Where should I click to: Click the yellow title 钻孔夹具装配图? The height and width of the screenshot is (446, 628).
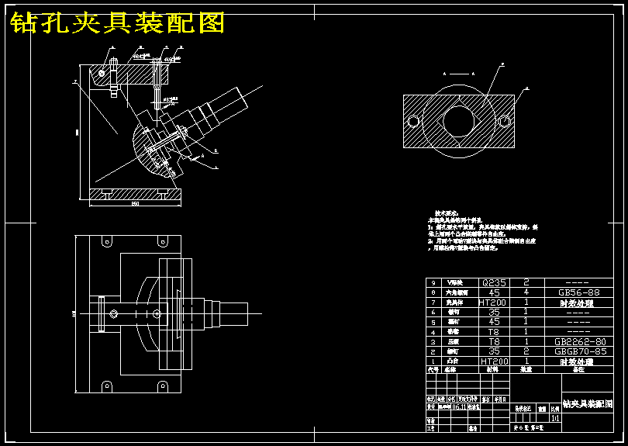pos(117,23)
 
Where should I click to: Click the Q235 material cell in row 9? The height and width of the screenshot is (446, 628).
pos(494,283)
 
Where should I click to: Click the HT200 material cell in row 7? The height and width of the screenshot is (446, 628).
pos(494,303)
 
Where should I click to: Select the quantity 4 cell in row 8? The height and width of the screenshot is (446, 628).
pos(526,293)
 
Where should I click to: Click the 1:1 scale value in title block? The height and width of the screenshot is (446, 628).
pos(554,417)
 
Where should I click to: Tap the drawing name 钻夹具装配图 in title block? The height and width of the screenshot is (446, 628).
pos(587,405)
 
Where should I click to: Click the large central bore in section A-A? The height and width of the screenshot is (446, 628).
pos(458,121)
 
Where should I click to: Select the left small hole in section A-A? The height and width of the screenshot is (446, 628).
pos(413,121)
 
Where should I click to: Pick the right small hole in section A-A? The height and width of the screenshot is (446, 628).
pos(505,120)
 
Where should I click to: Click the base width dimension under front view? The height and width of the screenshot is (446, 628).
pos(135,204)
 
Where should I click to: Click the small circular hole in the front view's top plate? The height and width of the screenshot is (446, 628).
pos(102,73)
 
